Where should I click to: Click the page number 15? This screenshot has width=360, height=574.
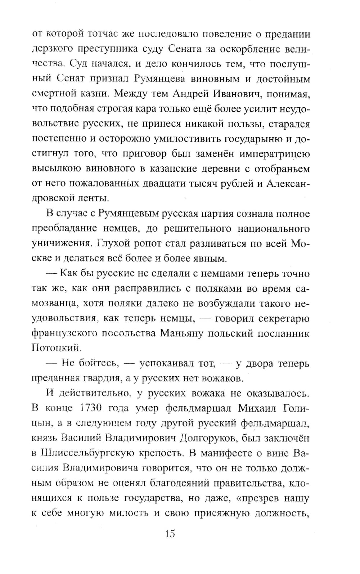tap(170, 533)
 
